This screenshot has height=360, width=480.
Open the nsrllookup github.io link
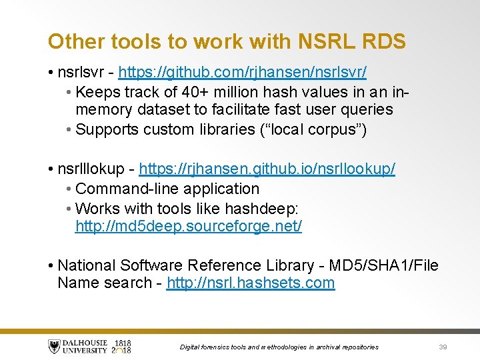coord(267,169)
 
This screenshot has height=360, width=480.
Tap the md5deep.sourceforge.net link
coord(189,227)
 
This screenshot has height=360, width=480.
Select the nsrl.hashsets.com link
coord(251,283)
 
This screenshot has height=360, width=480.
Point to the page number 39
coord(443,347)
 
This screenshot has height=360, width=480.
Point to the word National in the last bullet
coord(85,265)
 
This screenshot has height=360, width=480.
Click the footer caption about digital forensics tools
coord(279,347)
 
